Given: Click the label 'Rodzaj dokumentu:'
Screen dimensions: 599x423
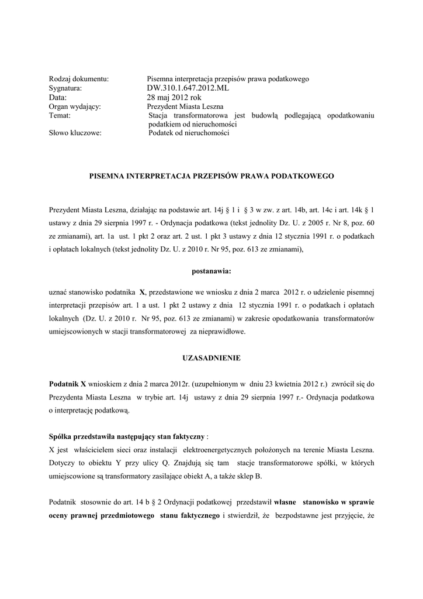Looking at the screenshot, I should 79,79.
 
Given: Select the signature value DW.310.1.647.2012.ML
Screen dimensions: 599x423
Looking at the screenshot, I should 188,88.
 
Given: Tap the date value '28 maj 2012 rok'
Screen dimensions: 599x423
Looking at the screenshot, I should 174,98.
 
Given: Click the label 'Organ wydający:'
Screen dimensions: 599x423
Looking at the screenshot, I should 75,107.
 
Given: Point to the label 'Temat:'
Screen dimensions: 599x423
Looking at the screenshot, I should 60,116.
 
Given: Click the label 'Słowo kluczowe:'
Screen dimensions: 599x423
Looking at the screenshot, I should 75,133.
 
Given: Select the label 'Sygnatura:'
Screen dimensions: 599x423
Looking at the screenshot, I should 65,88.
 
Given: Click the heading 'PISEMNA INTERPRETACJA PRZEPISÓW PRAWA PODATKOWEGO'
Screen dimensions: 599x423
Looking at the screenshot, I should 211,175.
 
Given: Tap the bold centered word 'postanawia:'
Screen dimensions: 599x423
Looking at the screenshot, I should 211,271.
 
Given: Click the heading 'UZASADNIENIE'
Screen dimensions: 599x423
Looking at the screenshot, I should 211,357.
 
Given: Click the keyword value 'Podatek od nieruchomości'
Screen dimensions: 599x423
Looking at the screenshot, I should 189,133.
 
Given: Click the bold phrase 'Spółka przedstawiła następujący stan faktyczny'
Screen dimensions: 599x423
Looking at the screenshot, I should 127,437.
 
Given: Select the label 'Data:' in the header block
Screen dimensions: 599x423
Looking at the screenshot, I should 58,98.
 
